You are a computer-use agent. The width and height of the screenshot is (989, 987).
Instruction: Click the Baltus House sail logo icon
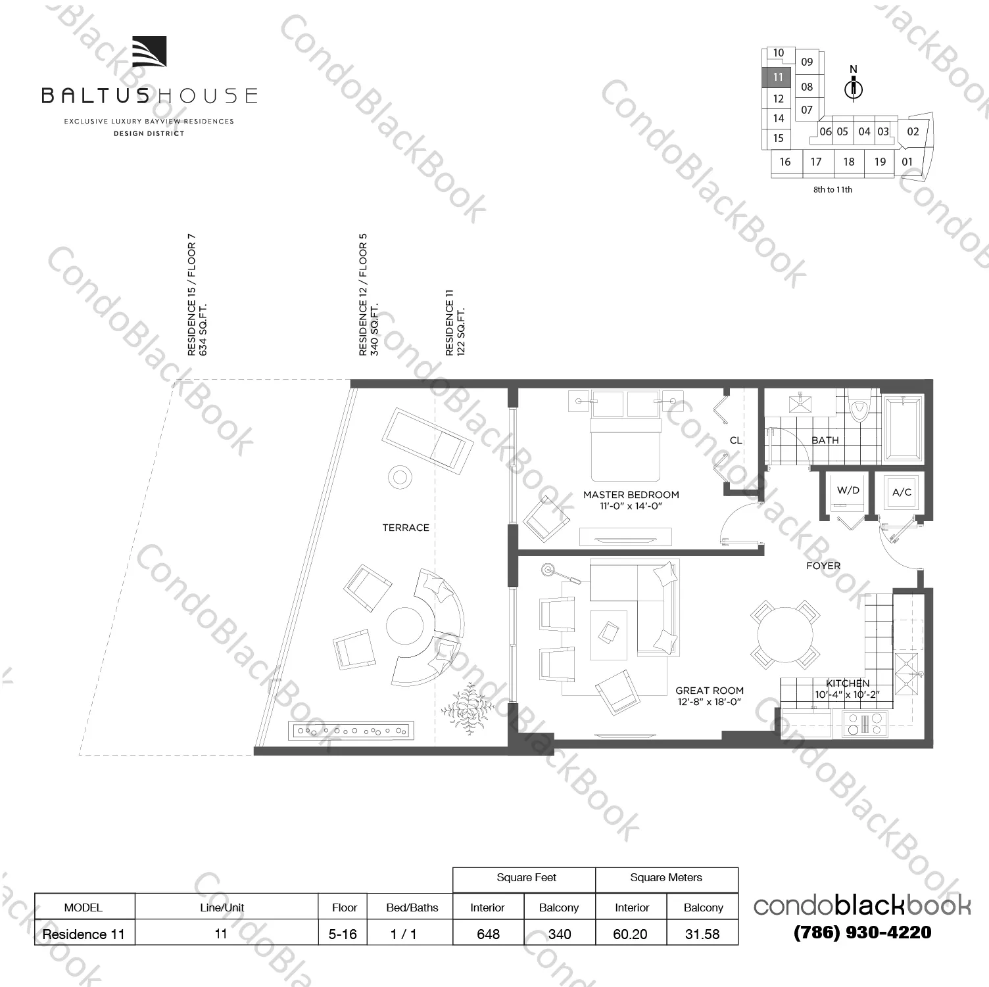click(x=149, y=52)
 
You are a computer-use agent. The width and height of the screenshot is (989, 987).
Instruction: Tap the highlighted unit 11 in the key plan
click(x=778, y=78)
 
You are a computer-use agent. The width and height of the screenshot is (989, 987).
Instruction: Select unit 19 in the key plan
click(x=880, y=162)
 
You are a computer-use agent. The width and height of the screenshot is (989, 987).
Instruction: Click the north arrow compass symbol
click(x=854, y=86)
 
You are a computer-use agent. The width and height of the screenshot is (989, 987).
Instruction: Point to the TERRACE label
click(x=406, y=528)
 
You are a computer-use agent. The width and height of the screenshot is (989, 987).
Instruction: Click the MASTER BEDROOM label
click(x=631, y=495)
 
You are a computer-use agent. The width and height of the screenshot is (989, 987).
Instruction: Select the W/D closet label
click(x=848, y=490)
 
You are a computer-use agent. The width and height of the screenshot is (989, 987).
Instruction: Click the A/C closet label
click(x=902, y=492)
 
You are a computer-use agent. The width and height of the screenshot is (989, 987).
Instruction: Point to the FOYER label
click(x=823, y=566)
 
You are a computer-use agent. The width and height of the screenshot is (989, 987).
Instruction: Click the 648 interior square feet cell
click(x=488, y=934)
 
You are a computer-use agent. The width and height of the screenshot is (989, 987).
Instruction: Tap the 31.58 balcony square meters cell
click(x=702, y=934)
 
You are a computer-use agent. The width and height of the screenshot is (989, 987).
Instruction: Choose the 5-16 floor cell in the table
click(x=343, y=934)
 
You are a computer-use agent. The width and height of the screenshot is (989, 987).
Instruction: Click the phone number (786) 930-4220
click(x=862, y=932)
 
